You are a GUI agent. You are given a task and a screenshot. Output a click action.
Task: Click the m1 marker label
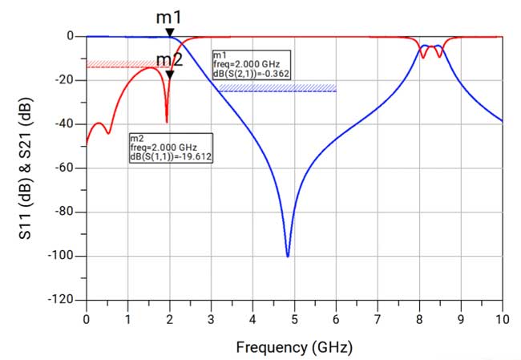coord(169,16)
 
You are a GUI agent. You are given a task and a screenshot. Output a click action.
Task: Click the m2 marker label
coord(168,59)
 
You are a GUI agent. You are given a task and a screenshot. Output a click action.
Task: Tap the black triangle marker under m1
coord(169,32)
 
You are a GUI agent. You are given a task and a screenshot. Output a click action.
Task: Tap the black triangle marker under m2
coord(169,75)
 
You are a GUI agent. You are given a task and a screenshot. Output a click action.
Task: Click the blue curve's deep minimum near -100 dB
coord(288,256)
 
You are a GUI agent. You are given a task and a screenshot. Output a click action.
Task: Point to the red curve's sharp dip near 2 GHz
coord(167,121)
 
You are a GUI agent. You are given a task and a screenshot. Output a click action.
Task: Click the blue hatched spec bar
coord(277,88)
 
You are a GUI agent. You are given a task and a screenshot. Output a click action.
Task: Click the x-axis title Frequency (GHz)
coord(294,347)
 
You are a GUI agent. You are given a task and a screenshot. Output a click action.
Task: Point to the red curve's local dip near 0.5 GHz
coord(108,132)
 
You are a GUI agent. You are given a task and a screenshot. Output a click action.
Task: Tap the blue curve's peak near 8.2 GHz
coord(427,46)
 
